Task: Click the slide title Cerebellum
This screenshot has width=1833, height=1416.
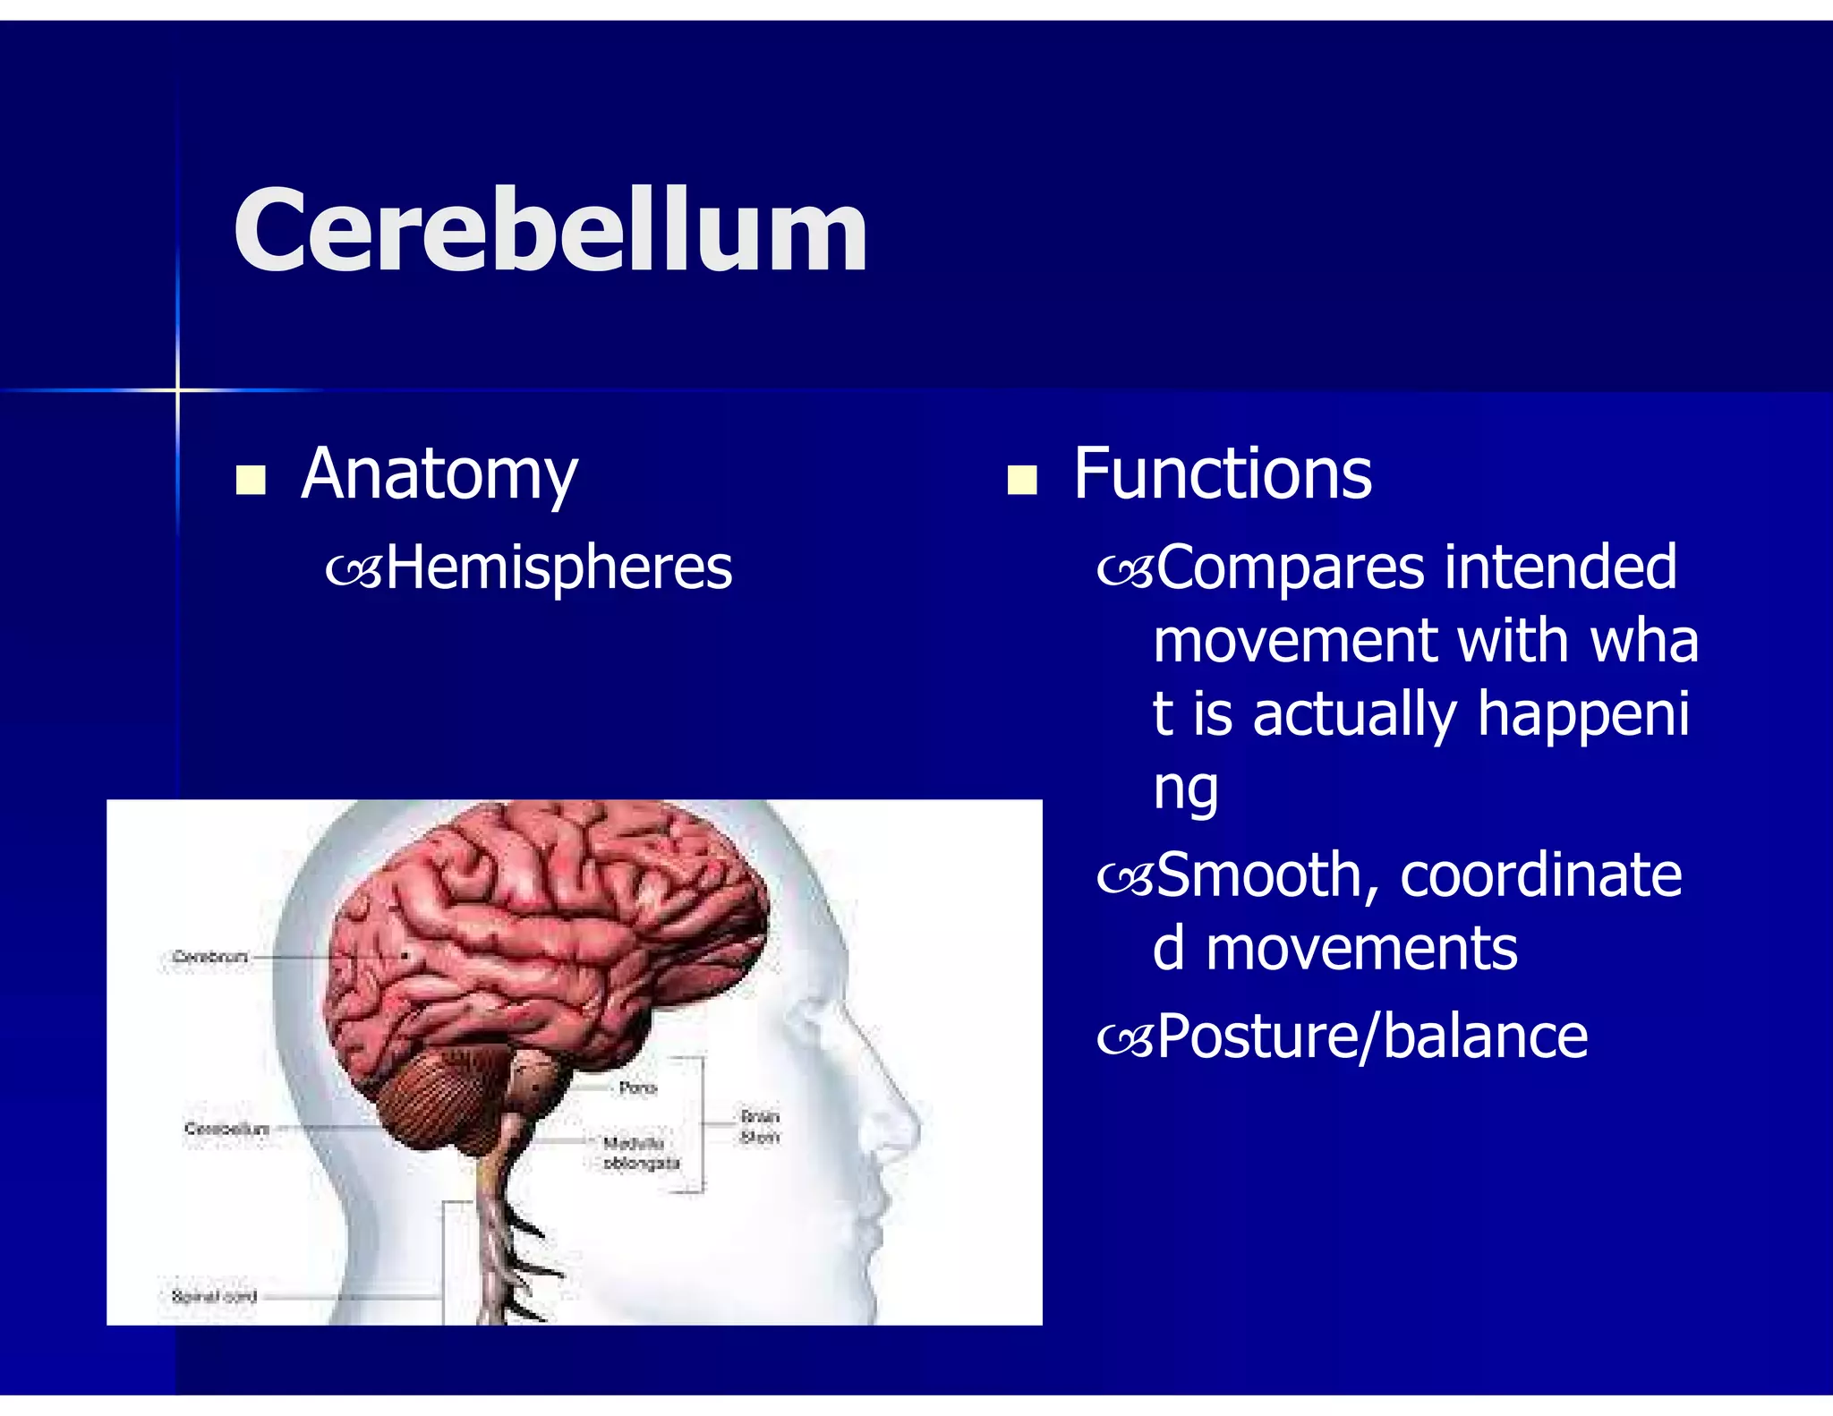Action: (x=550, y=230)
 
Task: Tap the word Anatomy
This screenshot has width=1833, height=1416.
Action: (x=439, y=474)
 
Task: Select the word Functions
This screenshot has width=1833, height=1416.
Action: (x=1222, y=474)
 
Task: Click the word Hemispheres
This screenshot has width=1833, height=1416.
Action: (x=558, y=568)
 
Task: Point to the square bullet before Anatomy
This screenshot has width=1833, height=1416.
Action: (x=251, y=481)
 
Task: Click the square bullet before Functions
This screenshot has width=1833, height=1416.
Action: (x=1021, y=481)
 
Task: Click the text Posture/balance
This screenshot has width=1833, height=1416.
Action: (x=1371, y=1037)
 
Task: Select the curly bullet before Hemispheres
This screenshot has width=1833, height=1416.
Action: (x=354, y=571)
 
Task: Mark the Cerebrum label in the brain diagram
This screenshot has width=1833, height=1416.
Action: (x=209, y=957)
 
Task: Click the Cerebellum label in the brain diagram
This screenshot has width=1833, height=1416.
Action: (x=226, y=1129)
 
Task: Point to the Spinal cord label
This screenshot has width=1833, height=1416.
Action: (x=214, y=1296)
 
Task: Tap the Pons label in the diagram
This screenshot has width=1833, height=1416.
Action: (x=637, y=1088)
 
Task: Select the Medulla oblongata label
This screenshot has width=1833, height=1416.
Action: (x=640, y=1154)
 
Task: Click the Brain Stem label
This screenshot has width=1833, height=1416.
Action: (x=760, y=1127)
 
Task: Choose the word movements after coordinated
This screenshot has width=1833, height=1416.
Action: (x=1360, y=949)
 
